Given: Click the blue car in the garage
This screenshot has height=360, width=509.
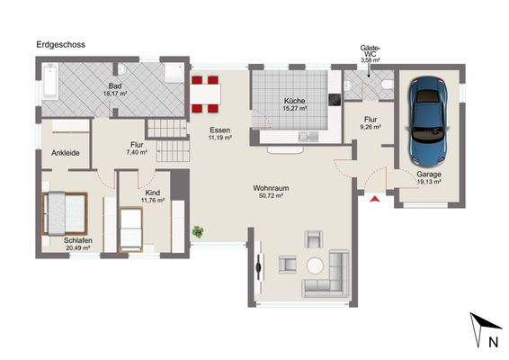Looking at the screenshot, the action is click(x=429, y=121).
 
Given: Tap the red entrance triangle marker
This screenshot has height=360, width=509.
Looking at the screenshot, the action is click(x=375, y=199).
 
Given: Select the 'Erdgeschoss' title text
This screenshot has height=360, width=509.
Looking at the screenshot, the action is click(x=61, y=44).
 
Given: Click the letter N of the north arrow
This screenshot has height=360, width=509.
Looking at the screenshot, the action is click(x=494, y=342).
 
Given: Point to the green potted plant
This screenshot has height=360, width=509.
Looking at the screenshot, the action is click(x=198, y=231).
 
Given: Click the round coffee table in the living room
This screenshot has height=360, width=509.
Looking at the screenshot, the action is click(x=315, y=265).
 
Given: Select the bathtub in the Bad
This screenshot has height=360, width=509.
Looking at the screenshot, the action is click(x=50, y=81).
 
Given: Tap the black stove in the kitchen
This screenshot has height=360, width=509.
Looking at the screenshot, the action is click(x=335, y=100).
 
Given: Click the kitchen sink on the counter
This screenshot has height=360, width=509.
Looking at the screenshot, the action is click(x=308, y=137).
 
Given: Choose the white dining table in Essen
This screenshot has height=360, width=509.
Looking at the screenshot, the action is click(x=205, y=94).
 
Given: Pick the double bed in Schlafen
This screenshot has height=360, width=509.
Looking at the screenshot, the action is click(x=65, y=213).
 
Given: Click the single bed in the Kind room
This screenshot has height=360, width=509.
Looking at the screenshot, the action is click(x=130, y=229).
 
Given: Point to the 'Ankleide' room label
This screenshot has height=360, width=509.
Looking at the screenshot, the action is click(x=66, y=153).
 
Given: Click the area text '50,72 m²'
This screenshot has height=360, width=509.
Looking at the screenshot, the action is click(x=271, y=195).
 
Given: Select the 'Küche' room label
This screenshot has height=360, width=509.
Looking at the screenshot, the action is click(x=294, y=101).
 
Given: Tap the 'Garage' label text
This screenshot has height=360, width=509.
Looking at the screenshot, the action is click(x=429, y=175).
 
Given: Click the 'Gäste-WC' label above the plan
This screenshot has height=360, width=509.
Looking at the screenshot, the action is click(x=371, y=51).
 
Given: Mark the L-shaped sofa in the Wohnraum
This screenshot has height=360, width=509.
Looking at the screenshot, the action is click(x=326, y=274).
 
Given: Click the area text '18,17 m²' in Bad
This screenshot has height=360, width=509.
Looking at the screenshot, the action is click(x=115, y=94).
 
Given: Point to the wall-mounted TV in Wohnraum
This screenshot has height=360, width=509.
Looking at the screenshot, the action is click(x=259, y=267).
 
